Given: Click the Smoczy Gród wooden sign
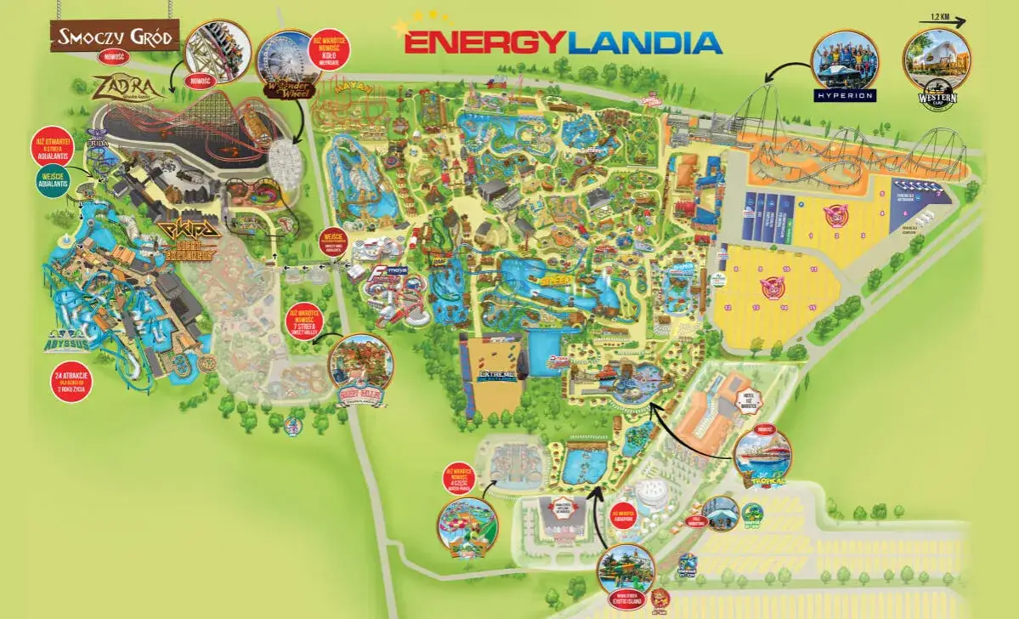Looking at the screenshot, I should (116, 36).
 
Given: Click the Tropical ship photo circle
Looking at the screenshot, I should (762, 454).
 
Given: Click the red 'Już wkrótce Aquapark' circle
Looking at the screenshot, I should (625, 515).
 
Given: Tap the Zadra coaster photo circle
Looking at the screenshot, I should (218, 51).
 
